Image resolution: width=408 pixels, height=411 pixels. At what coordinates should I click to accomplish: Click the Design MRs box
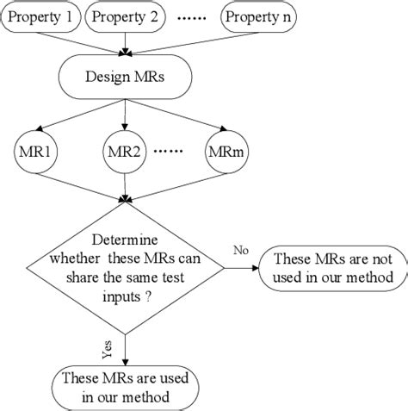126,77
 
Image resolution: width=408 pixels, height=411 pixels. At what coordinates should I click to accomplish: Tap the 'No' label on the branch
242,249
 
